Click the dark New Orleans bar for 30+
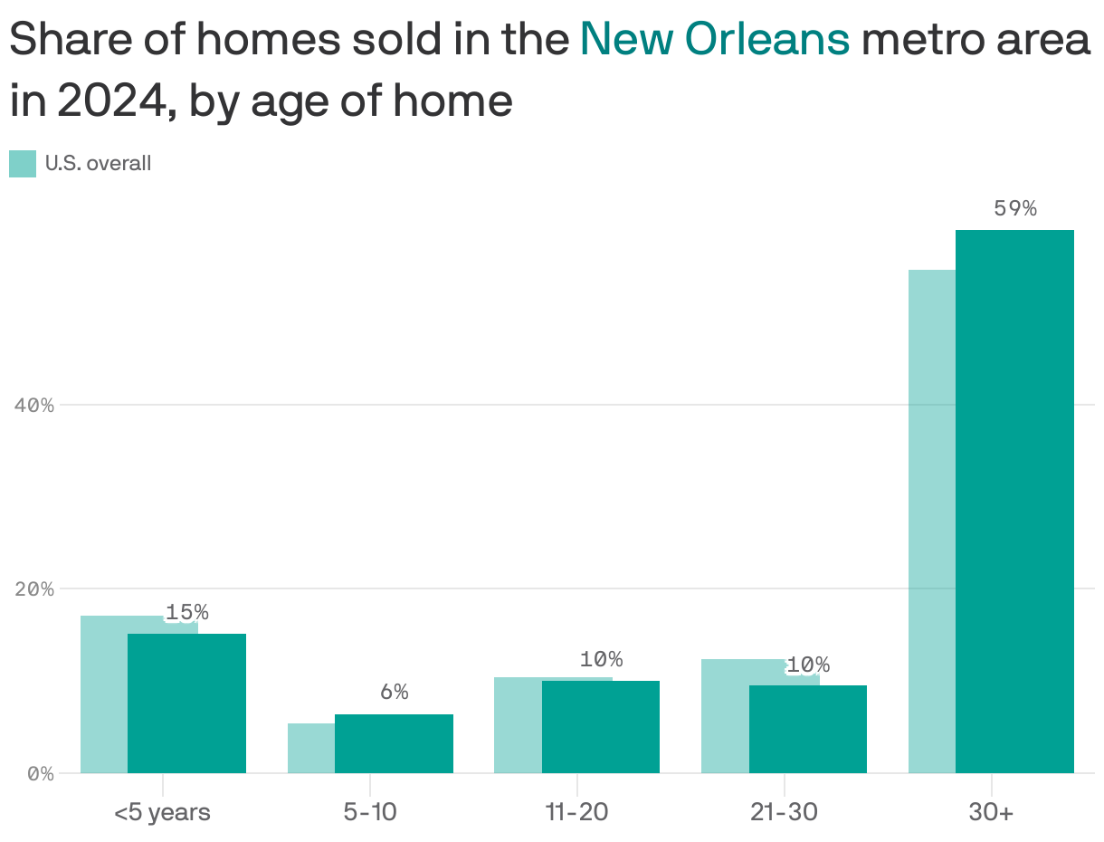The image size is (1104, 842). (1014, 502)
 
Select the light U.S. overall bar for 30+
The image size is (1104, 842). (931, 521)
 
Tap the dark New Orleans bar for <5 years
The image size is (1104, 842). (186, 703)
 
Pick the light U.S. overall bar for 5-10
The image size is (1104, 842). (310, 748)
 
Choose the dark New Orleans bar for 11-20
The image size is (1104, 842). (600, 727)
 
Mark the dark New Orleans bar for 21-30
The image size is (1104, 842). (807, 729)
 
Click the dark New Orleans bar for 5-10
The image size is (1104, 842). (394, 743)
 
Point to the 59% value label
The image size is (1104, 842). (1014, 208)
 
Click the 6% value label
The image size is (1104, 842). (394, 693)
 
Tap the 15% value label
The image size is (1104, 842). (186, 612)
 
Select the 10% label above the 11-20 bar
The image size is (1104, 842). (601, 659)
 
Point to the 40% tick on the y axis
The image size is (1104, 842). (35, 405)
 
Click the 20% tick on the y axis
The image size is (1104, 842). (35, 589)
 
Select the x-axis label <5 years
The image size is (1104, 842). (162, 812)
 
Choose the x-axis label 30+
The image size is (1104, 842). (991, 812)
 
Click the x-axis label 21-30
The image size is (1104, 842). (784, 812)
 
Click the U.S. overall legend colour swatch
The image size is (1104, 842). (23, 164)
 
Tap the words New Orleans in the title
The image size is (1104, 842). (714, 39)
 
